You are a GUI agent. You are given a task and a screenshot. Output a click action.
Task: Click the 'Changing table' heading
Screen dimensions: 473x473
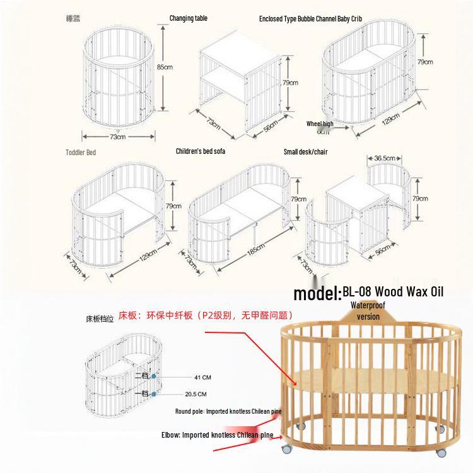click(189, 18)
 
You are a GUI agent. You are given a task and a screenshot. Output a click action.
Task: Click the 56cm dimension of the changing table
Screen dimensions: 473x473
click(272, 126)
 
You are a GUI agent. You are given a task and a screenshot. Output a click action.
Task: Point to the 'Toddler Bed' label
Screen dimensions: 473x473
click(81, 153)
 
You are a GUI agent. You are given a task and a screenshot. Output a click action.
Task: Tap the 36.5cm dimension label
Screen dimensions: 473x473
click(384, 158)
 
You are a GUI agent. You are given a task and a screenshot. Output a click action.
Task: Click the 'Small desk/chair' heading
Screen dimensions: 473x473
click(305, 152)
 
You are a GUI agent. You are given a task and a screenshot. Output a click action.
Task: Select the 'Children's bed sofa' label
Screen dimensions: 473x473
click(200, 151)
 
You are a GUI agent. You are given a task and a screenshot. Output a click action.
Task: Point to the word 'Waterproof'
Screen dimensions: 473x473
click(368, 305)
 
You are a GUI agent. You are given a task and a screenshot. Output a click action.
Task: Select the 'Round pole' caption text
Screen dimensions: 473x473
click(228, 411)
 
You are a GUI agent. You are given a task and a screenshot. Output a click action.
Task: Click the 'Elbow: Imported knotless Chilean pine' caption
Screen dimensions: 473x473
click(218, 435)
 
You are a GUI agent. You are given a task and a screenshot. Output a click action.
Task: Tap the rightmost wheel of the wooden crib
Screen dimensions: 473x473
click(441, 452)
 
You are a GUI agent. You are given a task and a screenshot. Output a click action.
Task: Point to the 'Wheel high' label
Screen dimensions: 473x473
click(320, 124)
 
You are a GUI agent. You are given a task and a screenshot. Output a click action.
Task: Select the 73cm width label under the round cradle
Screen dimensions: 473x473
click(117, 136)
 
